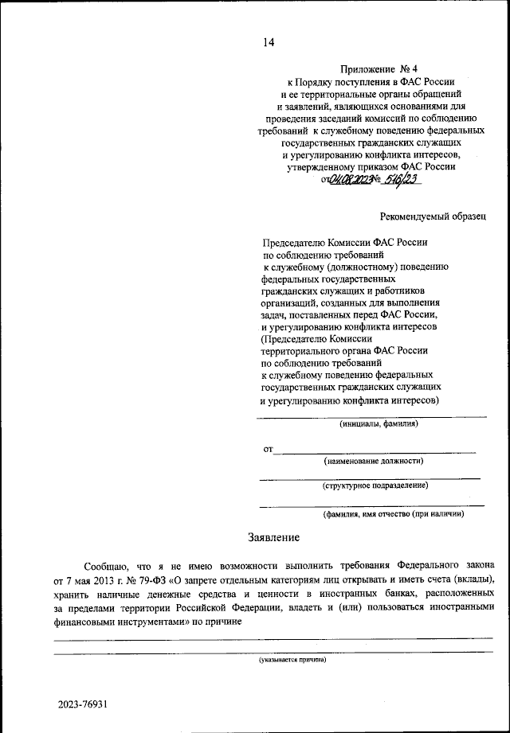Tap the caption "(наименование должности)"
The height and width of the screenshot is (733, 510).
(373, 461)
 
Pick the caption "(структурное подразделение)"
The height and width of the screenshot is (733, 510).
(375, 485)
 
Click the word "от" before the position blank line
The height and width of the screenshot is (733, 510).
(269, 450)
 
